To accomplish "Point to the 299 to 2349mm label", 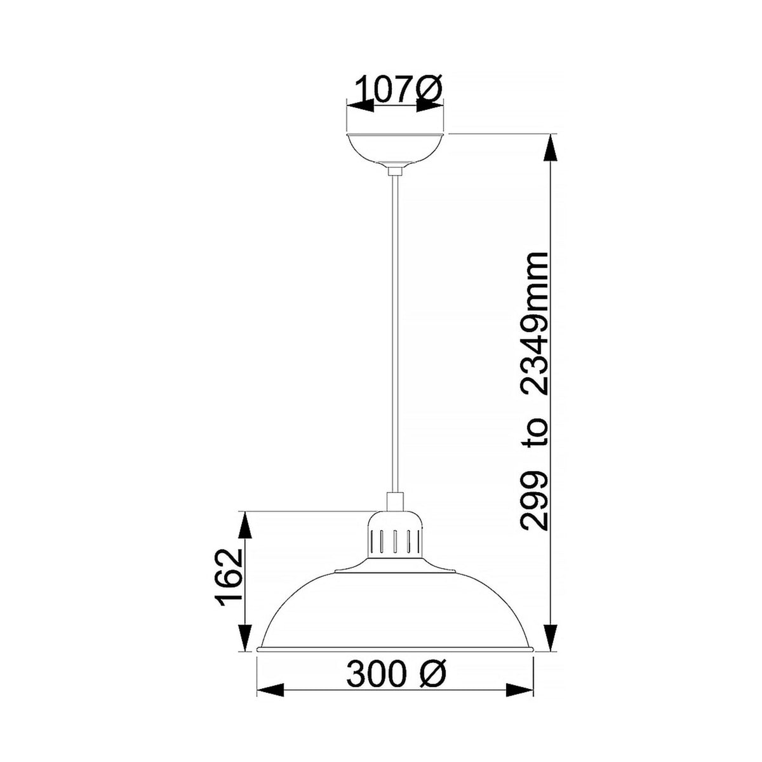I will [x=533, y=391].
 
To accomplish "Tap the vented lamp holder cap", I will [x=395, y=533].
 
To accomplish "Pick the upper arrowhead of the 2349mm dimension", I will [x=552, y=150].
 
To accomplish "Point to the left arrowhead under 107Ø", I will [x=360, y=107].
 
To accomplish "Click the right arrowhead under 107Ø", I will [x=429, y=107].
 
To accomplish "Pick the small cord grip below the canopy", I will [x=395, y=170].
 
